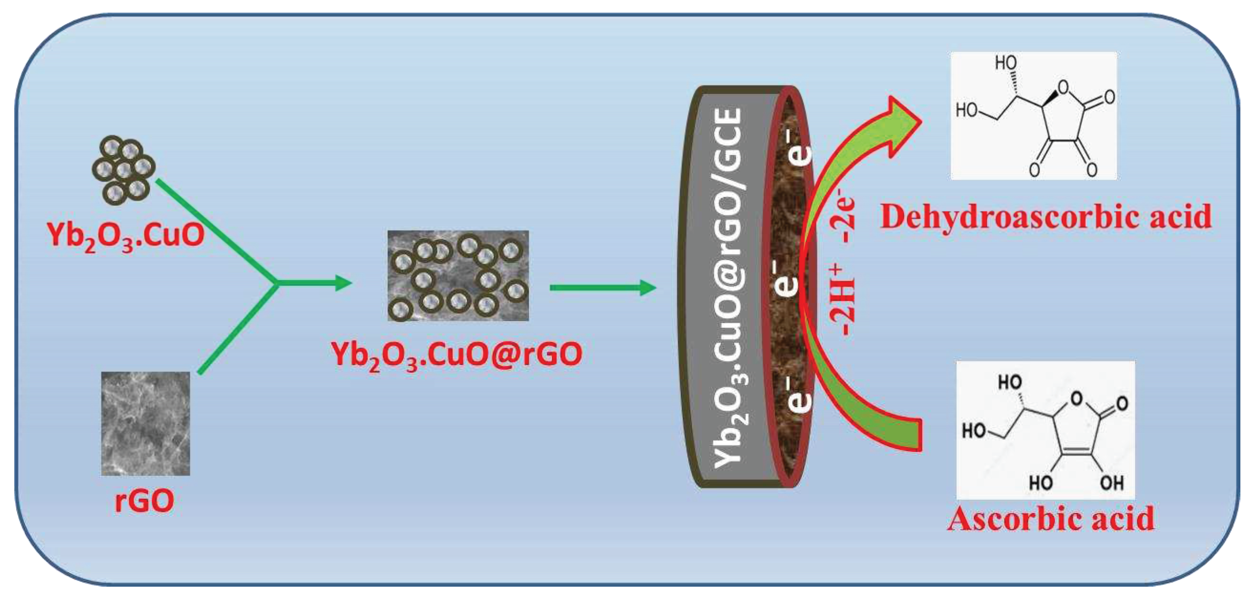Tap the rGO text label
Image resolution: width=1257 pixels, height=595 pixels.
(144, 501)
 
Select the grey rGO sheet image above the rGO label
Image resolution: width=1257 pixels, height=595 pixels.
(145, 423)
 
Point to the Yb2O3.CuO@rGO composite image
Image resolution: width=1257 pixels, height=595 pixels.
(458, 276)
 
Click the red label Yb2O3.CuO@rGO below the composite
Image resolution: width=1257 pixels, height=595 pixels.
(457, 355)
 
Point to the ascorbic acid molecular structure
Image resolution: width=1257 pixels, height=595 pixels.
(1045, 430)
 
